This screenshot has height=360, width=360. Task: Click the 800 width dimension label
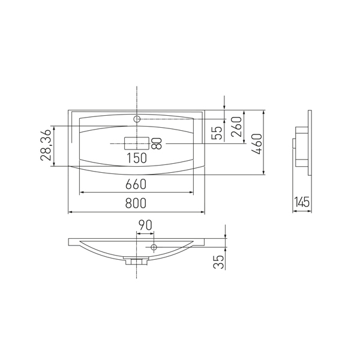coord(136,203)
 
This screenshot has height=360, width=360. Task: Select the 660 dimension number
coord(136,184)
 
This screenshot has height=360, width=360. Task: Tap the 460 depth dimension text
coord(257,144)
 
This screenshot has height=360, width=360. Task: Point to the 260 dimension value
coord(237,127)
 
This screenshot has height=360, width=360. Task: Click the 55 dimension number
coord(217,133)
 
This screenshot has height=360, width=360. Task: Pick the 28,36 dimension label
coord(45,145)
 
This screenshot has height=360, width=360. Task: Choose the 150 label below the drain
coord(137,158)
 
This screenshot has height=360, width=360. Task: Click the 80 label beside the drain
coord(157,143)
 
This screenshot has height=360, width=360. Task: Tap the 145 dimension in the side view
coord(302,202)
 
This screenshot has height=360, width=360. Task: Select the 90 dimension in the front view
coord(146,225)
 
